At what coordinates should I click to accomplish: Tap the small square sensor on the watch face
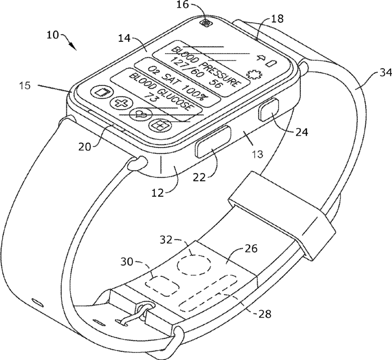[x=206, y=23]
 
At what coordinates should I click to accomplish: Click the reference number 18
[x=277, y=19]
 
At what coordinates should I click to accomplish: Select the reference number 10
[x=52, y=35]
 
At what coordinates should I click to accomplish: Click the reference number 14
[x=124, y=38]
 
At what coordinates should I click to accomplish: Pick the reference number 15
[x=25, y=86]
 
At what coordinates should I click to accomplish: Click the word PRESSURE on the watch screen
[x=221, y=75]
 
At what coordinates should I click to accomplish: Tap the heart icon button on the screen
[x=141, y=115]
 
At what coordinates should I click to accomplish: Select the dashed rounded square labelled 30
[x=162, y=285]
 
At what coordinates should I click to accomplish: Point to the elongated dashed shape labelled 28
[x=208, y=293]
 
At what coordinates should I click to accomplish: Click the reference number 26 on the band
[x=251, y=249]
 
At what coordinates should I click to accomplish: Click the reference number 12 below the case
[x=158, y=193]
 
